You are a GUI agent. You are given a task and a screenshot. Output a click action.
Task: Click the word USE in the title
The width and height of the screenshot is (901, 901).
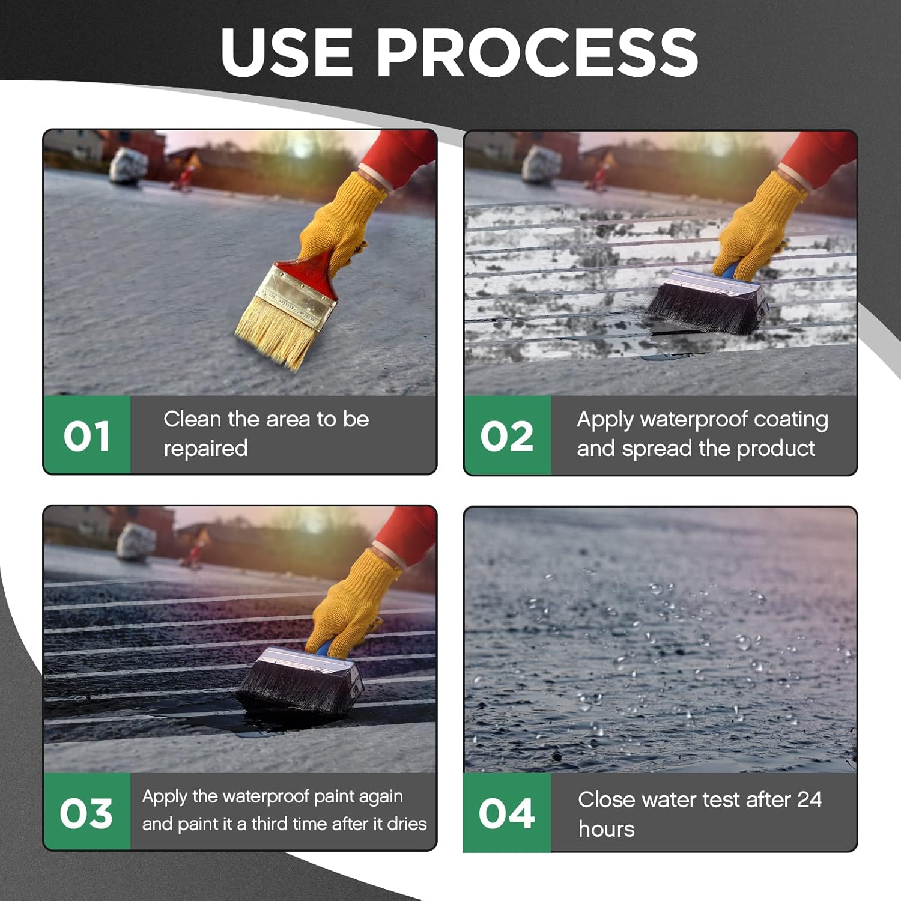287,52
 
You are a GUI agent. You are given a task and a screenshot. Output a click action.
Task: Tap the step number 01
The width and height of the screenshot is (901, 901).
86,436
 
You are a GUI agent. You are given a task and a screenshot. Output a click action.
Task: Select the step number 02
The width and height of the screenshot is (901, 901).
506,436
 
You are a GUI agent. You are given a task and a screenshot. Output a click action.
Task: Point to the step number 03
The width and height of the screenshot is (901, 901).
86,814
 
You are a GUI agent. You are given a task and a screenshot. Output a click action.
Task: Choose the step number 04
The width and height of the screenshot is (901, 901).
506,814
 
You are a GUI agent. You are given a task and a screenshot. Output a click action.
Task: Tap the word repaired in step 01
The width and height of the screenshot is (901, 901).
205,449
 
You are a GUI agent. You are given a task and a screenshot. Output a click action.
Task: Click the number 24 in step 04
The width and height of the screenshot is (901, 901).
809,799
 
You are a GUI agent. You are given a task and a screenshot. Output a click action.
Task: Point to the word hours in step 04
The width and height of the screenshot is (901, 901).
606,829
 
